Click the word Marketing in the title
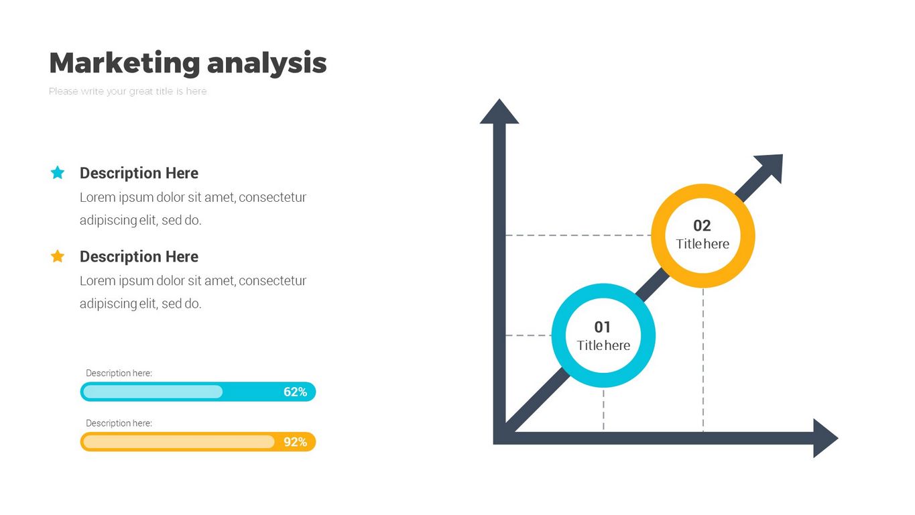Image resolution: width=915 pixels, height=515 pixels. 125,63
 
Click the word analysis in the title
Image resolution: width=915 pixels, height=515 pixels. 267,63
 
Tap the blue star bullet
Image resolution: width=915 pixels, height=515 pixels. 58,172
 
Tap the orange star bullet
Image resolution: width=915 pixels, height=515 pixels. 58,256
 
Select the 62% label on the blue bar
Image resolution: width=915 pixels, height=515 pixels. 296,392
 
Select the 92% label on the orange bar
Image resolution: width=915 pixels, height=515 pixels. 296,442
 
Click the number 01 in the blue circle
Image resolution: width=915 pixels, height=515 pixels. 603,327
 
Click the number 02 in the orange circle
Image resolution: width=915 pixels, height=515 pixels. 703,225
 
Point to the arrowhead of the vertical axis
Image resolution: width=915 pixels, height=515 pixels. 499,111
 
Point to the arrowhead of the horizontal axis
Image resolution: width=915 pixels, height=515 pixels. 826,438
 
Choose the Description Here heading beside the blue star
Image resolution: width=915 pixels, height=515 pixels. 139,173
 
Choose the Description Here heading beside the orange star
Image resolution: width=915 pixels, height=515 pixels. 139,256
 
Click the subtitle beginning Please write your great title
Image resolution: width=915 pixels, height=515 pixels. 128,91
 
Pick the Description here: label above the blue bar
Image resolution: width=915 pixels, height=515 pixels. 119,373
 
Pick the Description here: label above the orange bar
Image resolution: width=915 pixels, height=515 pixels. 119,423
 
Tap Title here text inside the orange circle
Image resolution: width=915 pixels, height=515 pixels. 703,244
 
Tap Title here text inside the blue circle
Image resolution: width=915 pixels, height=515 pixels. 603,345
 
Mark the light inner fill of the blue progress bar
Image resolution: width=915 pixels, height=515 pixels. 153,392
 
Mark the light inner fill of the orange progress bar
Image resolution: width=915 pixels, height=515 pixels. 178,442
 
